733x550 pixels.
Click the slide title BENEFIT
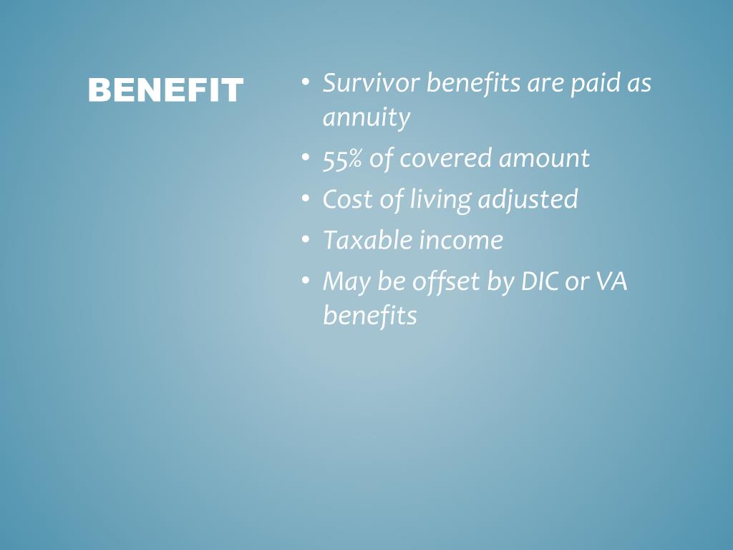[x=165, y=91]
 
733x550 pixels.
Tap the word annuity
[x=366, y=117]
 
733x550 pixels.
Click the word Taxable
[x=366, y=241]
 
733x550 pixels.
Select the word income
[x=461, y=241]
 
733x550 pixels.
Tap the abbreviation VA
[x=612, y=282]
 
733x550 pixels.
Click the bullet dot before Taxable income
[x=306, y=240]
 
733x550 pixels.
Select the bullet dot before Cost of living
[x=306, y=198]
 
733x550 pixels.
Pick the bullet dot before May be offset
[x=306, y=281]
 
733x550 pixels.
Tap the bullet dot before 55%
[x=306, y=158]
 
